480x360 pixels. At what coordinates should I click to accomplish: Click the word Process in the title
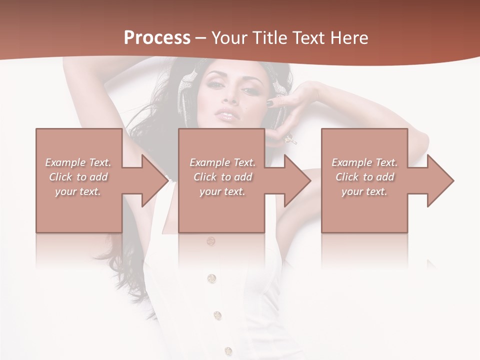(x=157, y=37)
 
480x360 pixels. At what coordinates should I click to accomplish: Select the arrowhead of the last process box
(x=440, y=180)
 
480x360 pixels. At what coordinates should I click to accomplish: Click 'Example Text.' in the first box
(x=78, y=162)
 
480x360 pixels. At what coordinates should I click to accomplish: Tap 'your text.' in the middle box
(x=222, y=191)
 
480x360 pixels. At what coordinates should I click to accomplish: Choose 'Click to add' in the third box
(x=365, y=177)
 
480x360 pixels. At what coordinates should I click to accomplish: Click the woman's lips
(x=224, y=116)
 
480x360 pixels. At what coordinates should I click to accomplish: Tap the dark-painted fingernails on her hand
(x=270, y=103)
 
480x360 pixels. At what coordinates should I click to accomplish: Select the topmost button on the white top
(x=211, y=241)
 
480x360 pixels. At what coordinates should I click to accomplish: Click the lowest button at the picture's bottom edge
(x=228, y=351)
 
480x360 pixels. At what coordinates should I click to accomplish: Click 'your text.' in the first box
(x=78, y=191)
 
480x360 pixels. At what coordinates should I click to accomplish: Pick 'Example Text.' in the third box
(x=365, y=162)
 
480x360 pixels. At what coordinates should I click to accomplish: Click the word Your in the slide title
(x=229, y=37)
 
